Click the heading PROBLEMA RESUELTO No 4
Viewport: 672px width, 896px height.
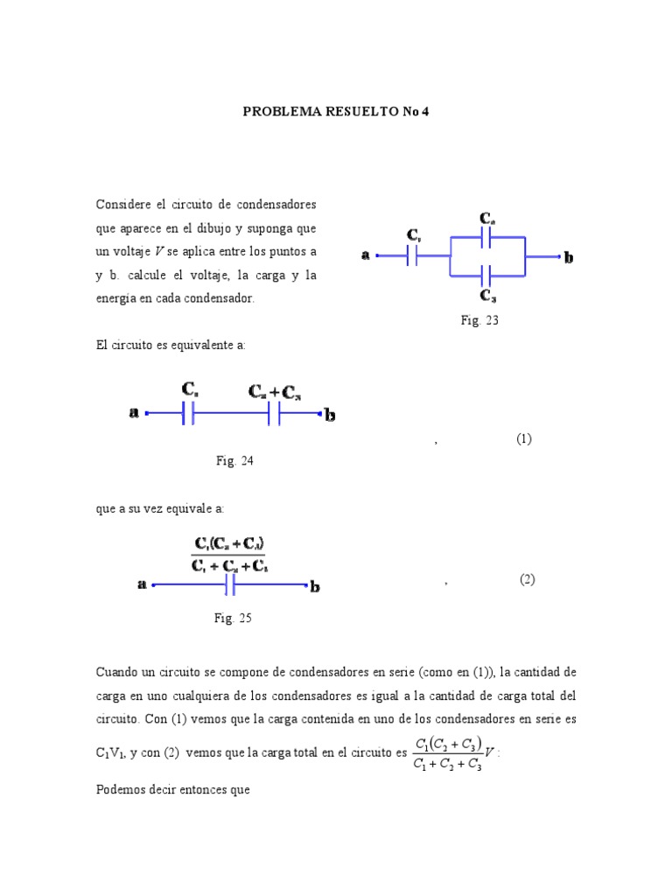[x=336, y=112]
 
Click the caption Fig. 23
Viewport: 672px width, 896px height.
[x=479, y=320]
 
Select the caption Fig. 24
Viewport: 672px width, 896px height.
[x=234, y=461]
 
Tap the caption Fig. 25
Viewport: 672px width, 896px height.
[x=233, y=618]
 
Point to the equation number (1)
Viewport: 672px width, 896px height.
[x=523, y=439]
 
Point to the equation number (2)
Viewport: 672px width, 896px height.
[x=527, y=579]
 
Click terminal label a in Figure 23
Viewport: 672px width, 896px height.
[x=366, y=255]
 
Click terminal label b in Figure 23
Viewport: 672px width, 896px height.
[x=570, y=257]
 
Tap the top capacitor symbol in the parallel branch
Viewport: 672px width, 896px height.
[x=487, y=237]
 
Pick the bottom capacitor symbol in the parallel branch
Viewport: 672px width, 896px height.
[x=487, y=275]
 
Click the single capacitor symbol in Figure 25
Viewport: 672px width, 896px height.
[x=230, y=585]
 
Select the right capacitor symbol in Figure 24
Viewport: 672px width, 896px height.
[x=275, y=413]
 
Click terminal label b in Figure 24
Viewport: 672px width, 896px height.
[x=331, y=415]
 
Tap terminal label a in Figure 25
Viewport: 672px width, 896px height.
[x=142, y=585]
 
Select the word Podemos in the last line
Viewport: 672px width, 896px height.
[x=121, y=789]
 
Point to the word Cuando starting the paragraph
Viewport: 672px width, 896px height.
[x=119, y=671]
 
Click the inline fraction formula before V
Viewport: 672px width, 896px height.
[x=446, y=752]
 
